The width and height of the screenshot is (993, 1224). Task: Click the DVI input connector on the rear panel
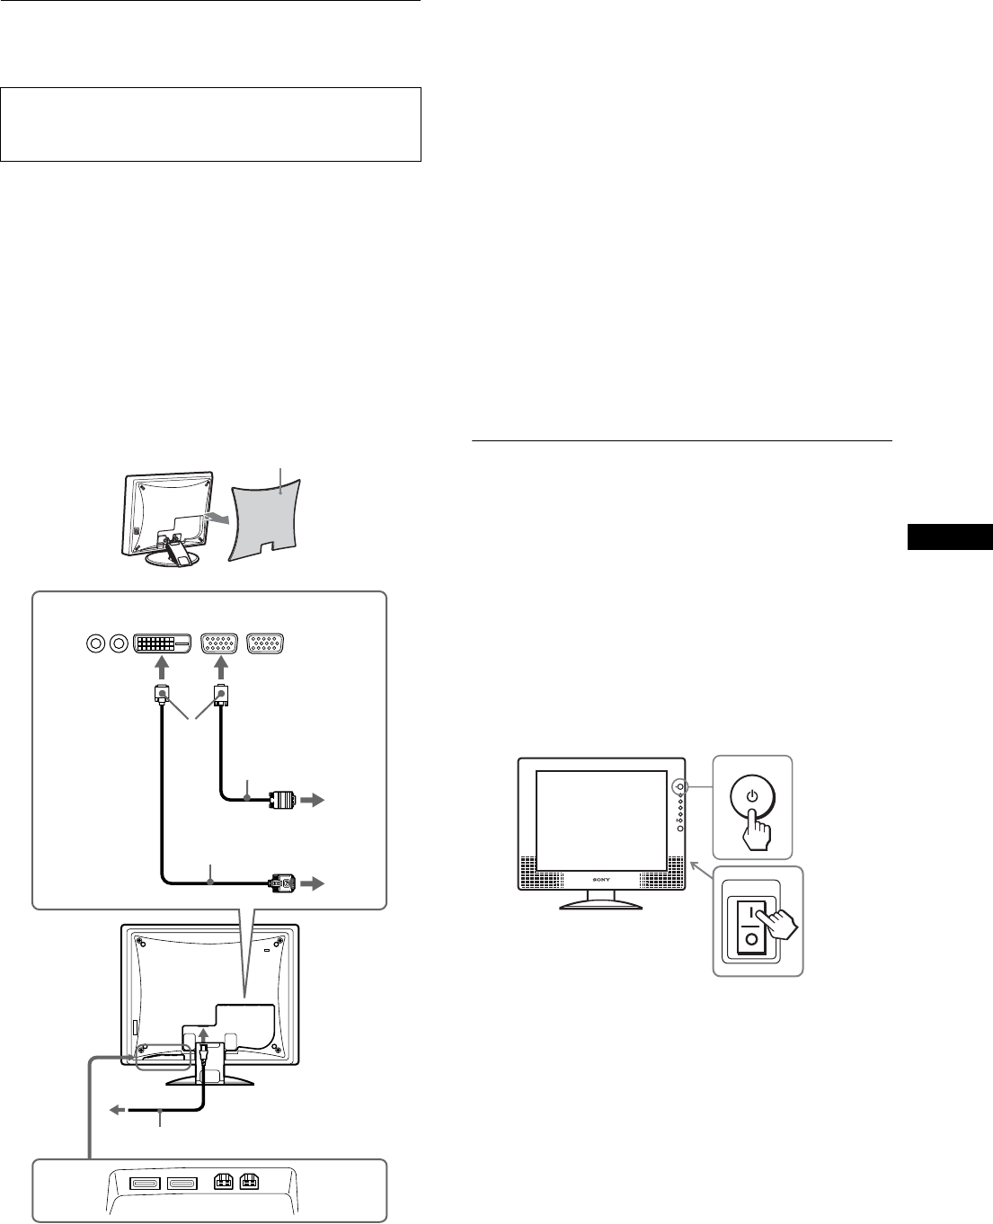point(163,643)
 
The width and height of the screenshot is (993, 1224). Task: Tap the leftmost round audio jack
point(94,643)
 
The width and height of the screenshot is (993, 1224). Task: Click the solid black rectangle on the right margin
point(949,537)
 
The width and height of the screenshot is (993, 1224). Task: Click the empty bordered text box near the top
point(211,124)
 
